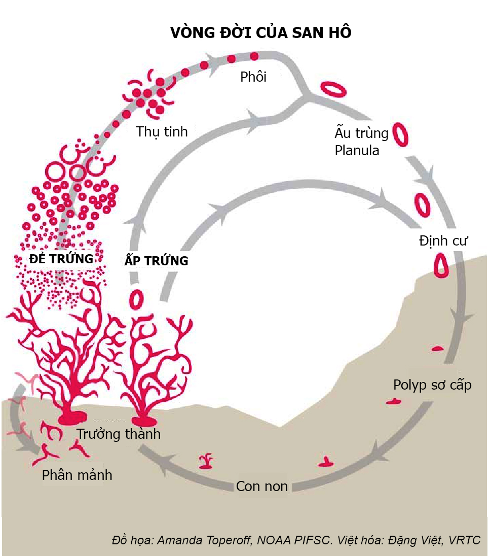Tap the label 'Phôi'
click(x=253, y=77)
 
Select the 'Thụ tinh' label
click(x=162, y=132)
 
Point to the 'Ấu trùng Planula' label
click(x=361, y=142)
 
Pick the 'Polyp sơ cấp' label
click(x=432, y=385)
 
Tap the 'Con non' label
click(x=261, y=486)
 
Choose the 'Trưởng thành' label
click(x=118, y=434)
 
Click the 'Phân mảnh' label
click(x=77, y=475)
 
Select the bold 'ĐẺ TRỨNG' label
click(x=61, y=259)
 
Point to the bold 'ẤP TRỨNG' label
click(x=156, y=261)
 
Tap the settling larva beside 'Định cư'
click(x=442, y=264)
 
